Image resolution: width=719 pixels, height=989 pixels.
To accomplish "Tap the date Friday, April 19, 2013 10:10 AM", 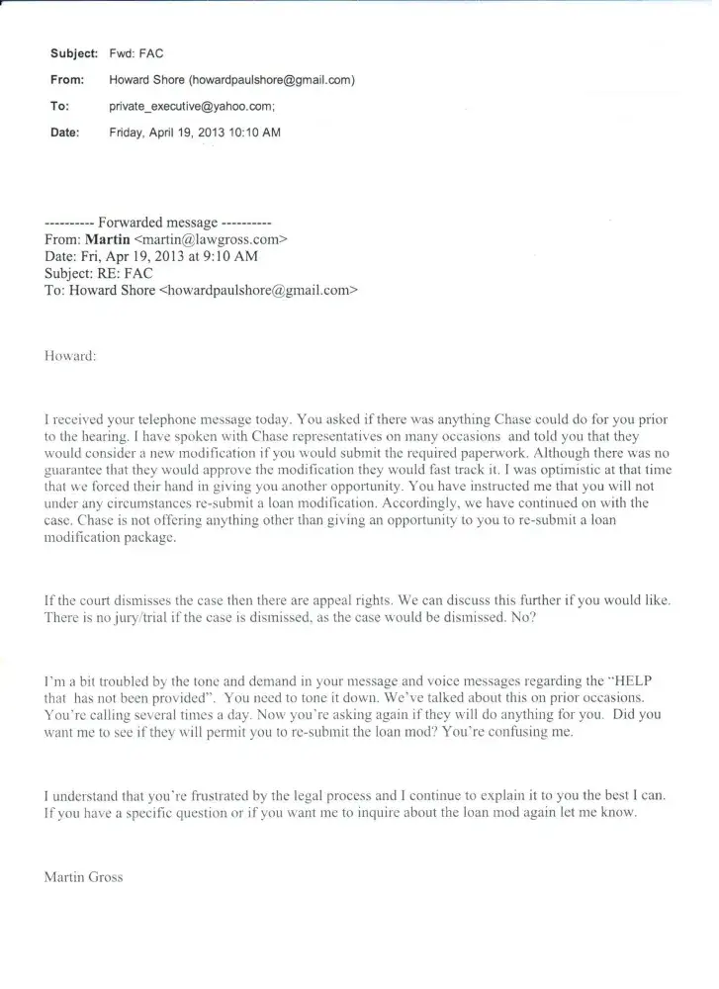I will pyautogui.click(x=195, y=133).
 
